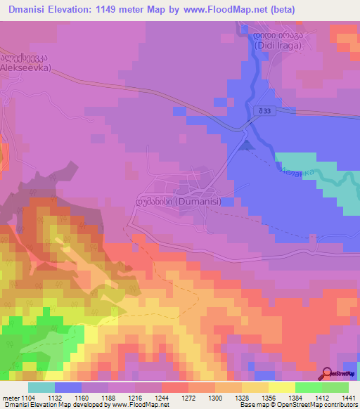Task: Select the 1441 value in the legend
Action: click(x=347, y=397)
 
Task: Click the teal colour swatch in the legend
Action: click(x=41, y=387)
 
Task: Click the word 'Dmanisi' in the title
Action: click(x=33, y=9)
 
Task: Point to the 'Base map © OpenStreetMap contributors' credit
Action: click(x=298, y=405)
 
